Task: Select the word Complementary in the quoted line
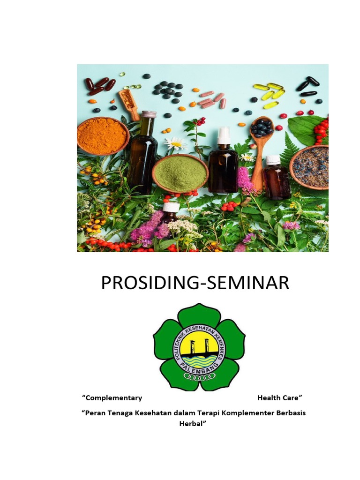(x=112, y=398)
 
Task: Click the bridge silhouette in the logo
(x=200, y=346)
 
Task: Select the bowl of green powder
(x=180, y=172)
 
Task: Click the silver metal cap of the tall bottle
(x=149, y=114)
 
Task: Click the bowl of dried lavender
(x=309, y=166)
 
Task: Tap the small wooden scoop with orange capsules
(x=129, y=102)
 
